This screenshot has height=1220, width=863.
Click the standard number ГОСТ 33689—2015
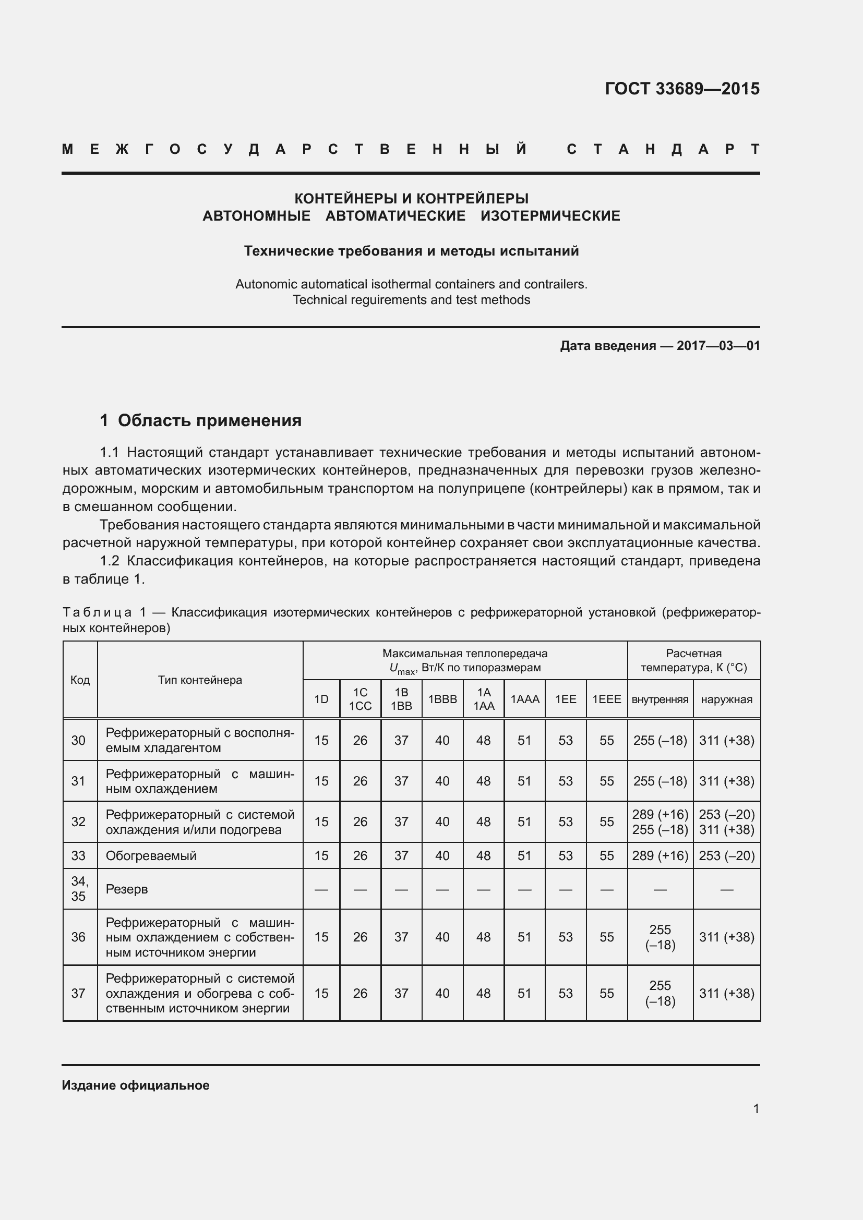(682, 88)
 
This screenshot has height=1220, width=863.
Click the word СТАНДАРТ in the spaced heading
(663, 149)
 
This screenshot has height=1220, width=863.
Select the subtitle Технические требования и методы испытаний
(411, 251)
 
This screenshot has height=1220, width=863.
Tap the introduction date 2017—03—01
(718, 346)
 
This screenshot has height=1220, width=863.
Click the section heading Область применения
(209, 420)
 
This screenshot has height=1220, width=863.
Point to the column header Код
(80, 680)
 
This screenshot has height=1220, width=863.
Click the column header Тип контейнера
(200, 680)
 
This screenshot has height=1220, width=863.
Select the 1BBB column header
(442, 699)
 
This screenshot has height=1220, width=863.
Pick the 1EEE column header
(606, 699)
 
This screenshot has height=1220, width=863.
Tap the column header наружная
(726, 699)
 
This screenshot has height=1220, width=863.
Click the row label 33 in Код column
(78, 855)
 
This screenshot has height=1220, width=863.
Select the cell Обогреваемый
(151, 855)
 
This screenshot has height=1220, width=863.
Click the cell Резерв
(126, 889)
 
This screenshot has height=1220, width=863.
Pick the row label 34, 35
(79, 888)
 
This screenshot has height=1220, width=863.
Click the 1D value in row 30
(321, 740)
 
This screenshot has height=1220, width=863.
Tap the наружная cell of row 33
(726, 855)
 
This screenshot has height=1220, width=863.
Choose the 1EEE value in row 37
(606, 993)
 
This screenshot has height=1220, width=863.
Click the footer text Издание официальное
(136, 1085)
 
